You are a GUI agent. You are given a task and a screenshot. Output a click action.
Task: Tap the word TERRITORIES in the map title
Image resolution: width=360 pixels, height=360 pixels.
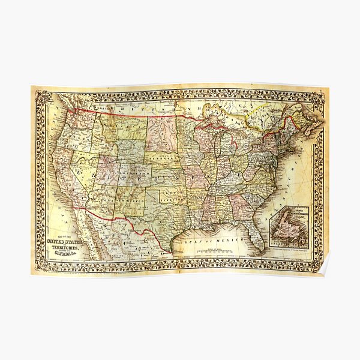coord(67,248)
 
